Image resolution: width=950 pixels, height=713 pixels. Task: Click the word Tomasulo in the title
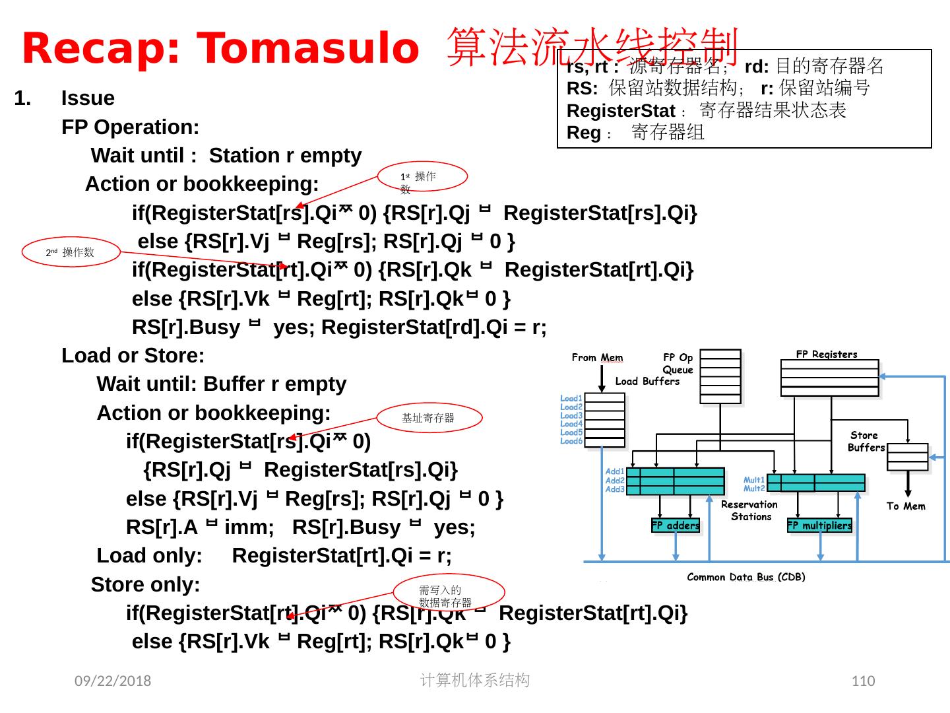(x=309, y=49)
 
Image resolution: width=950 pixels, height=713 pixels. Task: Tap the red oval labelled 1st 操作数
(x=423, y=178)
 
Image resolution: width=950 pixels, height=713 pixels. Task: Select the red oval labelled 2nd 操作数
(x=71, y=252)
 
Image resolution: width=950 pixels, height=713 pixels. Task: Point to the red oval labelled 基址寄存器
(x=429, y=418)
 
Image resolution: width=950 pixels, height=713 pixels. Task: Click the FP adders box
(x=676, y=526)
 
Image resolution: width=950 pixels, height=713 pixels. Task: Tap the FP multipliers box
(x=819, y=526)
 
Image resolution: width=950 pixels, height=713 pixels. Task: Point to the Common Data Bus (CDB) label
(x=746, y=577)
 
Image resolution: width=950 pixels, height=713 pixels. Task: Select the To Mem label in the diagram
(x=906, y=506)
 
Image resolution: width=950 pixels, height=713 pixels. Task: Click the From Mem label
(x=597, y=357)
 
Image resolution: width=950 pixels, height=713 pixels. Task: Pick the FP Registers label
(x=827, y=354)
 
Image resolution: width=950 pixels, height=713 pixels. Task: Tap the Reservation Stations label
(x=749, y=510)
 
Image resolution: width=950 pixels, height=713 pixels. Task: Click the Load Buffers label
(x=647, y=381)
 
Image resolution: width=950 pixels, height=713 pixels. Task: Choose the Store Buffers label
(x=866, y=441)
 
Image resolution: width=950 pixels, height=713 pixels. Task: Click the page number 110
(x=863, y=681)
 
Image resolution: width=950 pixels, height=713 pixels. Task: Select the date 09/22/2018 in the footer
(x=112, y=681)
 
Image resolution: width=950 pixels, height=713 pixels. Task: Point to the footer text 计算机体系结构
(x=474, y=680)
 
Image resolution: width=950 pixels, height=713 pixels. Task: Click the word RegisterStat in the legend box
(x=621, y=110)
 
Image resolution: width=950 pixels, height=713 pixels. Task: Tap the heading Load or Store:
(x=133, y=356)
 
